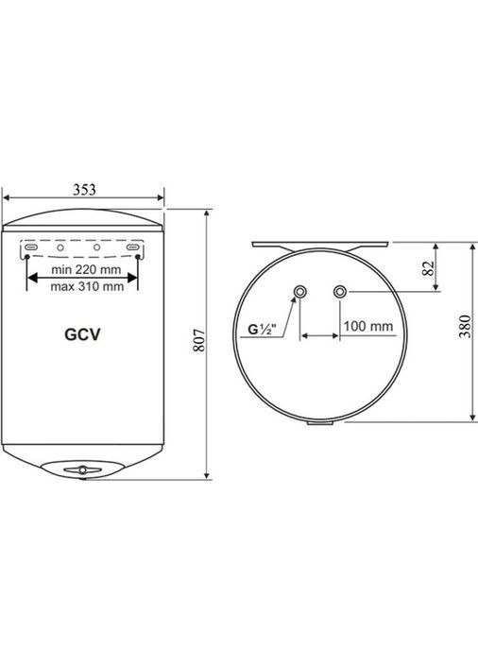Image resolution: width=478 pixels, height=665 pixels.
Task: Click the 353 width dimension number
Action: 84,189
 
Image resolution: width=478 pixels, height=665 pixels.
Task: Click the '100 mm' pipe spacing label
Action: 367,326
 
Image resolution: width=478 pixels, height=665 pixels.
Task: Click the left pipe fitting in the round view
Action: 299,291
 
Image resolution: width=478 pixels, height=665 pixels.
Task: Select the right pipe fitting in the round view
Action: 339,291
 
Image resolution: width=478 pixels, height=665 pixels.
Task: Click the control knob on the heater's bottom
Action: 83,469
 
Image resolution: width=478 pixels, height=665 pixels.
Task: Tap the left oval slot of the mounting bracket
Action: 30,247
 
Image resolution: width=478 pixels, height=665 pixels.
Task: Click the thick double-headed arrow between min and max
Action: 84,277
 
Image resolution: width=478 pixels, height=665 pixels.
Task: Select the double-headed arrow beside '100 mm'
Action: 319,336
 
